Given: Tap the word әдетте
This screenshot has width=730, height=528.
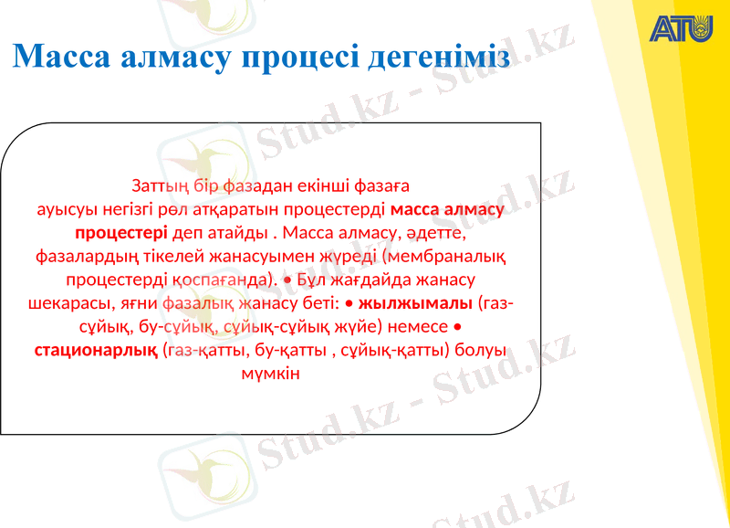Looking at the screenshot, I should pyautogui.click(x=433, y=231).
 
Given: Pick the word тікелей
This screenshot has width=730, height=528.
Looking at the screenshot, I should pyautogui.click(x=182, y=255).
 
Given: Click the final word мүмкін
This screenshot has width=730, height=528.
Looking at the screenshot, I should pyautogui.click(x=271, y=373).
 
